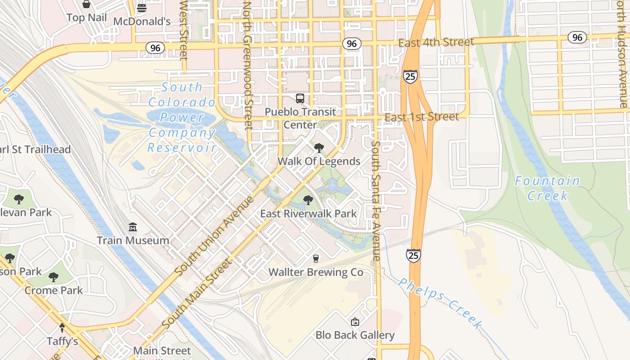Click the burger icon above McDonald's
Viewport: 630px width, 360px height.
142,8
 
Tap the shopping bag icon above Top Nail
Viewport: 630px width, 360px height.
86,4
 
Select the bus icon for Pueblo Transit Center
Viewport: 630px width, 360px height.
300,99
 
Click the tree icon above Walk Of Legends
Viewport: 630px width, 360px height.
319,148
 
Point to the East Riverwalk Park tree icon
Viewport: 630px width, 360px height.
308,200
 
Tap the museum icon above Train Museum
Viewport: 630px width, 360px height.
133,227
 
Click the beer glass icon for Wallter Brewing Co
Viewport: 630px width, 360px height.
316,259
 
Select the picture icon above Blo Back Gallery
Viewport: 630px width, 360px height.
355,322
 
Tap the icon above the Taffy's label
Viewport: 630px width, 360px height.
63,328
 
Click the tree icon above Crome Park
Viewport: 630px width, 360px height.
54,277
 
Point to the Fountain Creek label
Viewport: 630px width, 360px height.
548,188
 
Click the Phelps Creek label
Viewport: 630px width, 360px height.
441,303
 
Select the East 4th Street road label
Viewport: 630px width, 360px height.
436,43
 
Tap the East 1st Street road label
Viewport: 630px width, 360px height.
422,117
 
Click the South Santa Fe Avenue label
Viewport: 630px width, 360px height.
376,201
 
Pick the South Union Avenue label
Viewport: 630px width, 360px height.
214,235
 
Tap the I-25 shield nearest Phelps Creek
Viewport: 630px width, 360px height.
414,256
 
